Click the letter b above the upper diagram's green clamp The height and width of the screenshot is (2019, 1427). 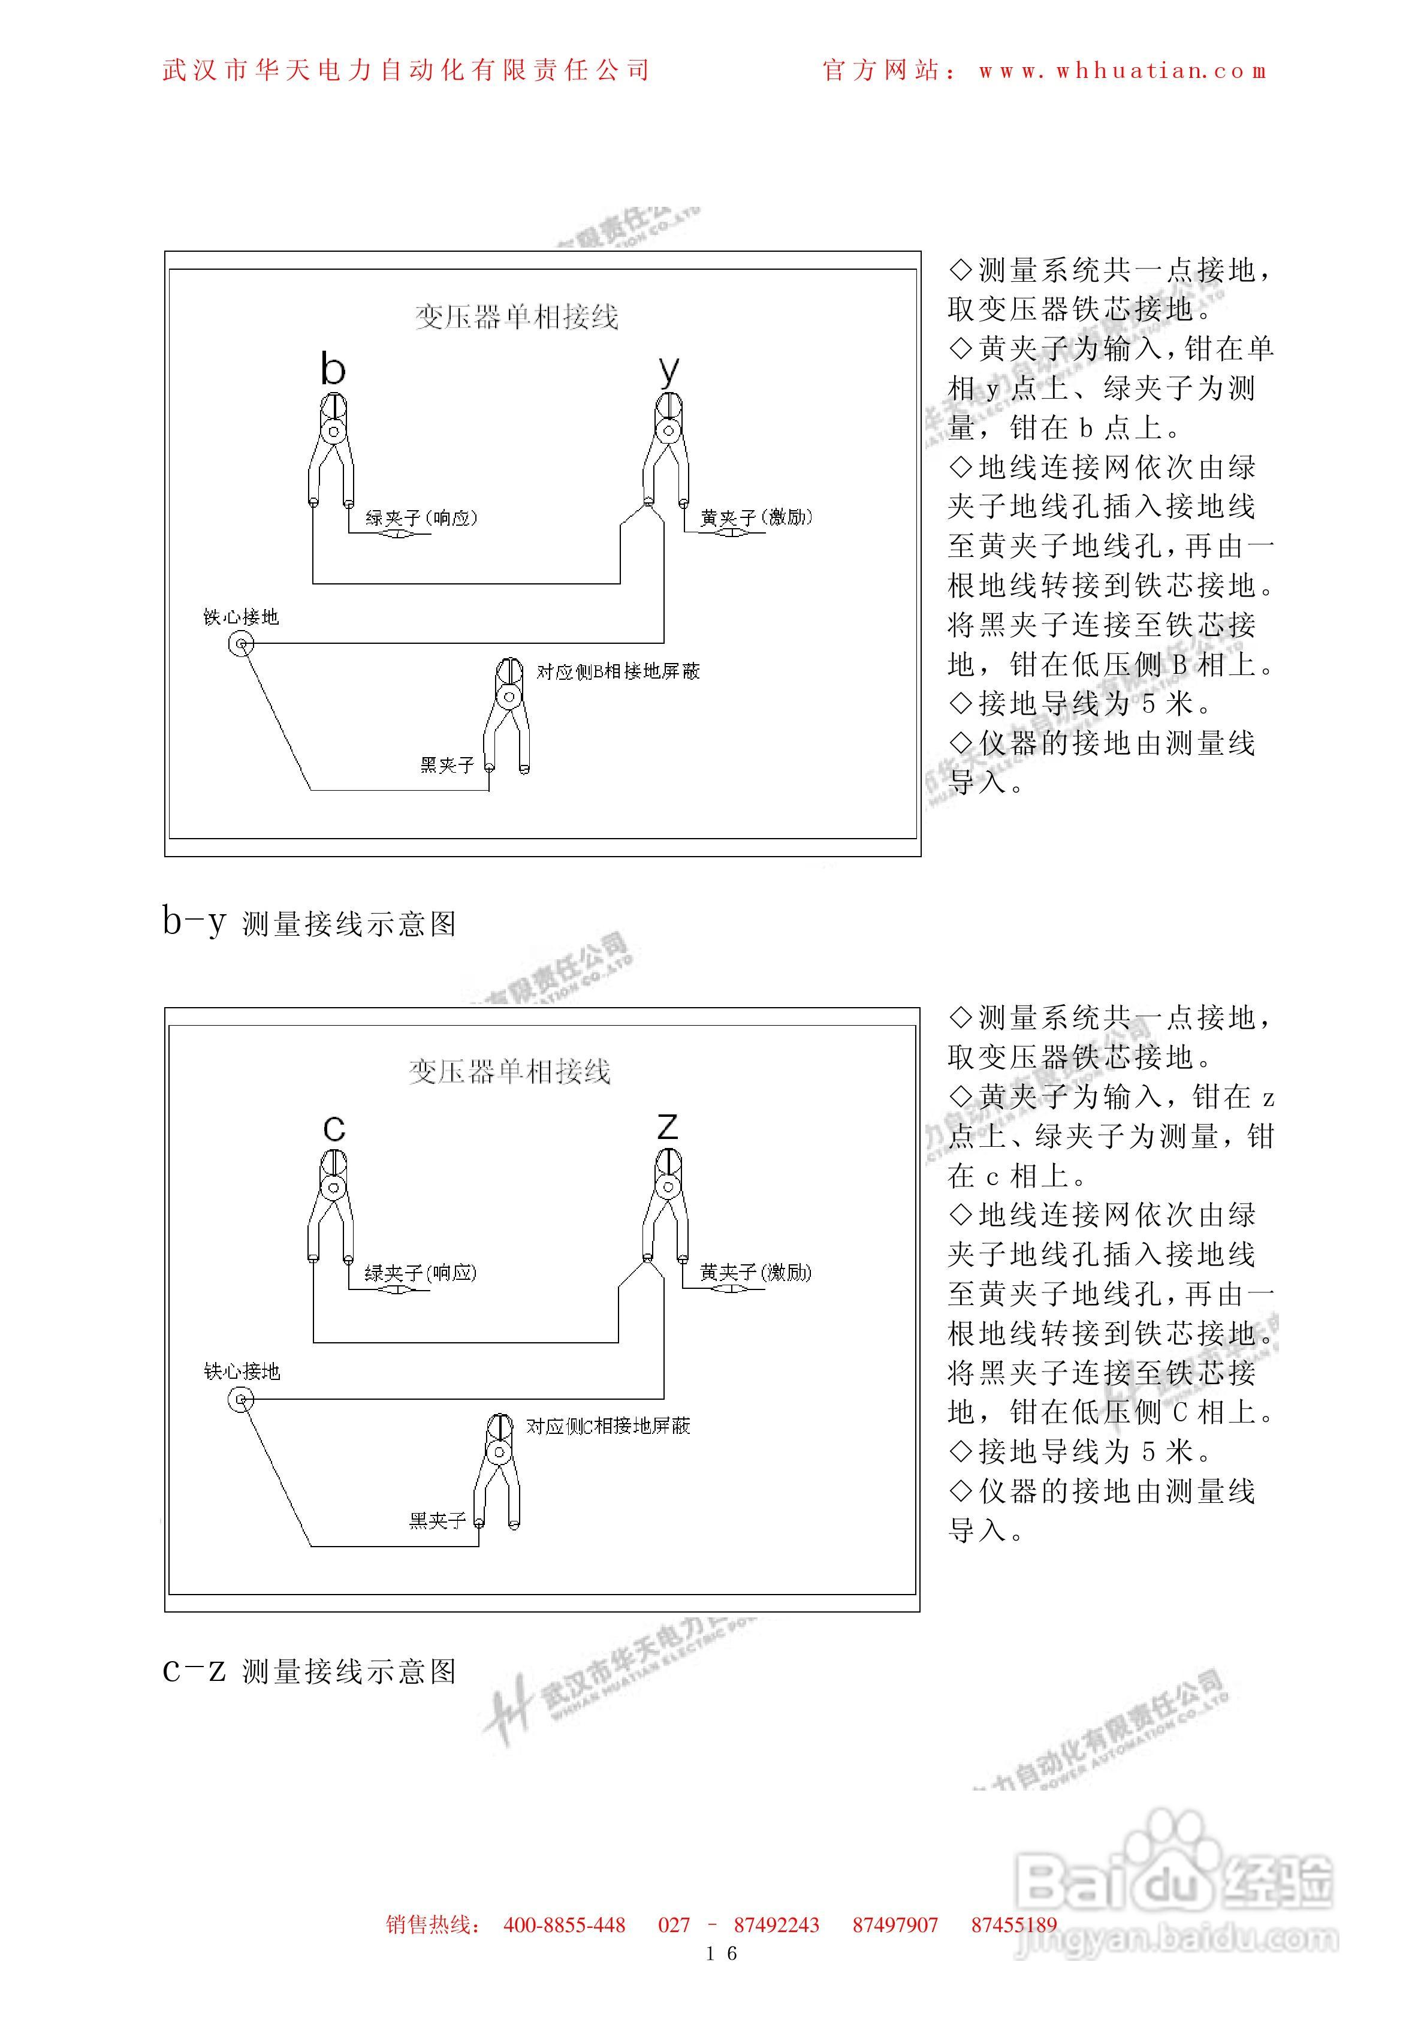point(333,369)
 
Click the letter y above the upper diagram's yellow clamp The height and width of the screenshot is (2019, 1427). point(669,370)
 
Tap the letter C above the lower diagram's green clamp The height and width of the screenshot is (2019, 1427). point(334,1128)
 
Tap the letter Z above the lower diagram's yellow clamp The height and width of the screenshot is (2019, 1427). point(667,1126)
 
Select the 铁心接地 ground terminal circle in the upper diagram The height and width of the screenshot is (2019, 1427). point(241,644)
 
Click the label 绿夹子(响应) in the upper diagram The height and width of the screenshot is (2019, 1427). point(421,518)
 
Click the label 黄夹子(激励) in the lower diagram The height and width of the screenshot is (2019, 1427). point(755,1273)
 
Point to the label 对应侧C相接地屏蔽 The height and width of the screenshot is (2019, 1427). point(608,1426)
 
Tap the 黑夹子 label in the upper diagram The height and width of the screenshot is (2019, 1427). point(446,765)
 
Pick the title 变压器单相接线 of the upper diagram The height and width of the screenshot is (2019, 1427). point(517,317)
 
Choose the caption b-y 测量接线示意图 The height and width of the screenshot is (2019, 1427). point(309,923)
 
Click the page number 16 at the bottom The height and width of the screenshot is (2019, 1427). point(721,1954)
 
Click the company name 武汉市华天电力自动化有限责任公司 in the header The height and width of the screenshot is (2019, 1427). point(406,70)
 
